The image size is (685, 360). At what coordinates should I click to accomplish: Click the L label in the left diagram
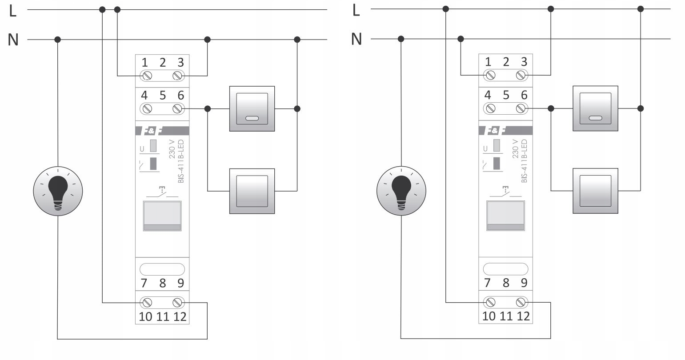click(13, 11)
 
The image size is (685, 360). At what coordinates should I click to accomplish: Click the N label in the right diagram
click(356, 39)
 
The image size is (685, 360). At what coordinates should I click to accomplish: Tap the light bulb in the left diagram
click(58, 191)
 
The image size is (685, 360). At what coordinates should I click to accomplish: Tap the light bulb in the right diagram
click(401, 191)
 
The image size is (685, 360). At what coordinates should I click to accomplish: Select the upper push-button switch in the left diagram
click(252, 108)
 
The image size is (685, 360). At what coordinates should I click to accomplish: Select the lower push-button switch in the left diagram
click(252, 191)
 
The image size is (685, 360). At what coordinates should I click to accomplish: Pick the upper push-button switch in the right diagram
click(595, 108)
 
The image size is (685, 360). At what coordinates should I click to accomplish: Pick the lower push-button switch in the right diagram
click(595, 191)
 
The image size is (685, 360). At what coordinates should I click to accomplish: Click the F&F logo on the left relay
click(152, 131)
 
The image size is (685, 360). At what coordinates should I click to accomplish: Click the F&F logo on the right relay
click(496, 131)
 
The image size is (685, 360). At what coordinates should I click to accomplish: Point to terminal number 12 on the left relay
click(180, 316)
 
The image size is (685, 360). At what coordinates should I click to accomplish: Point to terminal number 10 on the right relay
click(489, 316)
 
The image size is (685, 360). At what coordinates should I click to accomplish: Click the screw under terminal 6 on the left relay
click(177, 108)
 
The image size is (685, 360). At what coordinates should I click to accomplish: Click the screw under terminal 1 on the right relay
click(490, 75)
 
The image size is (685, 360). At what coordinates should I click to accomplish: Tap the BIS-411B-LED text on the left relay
click(181, 161)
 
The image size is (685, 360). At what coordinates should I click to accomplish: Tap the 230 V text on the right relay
click(515, 148)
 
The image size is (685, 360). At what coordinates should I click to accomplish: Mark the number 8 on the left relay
click(162, 283)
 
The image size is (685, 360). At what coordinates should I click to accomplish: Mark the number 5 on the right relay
click(506, 95)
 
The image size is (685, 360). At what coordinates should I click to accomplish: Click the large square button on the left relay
click(162, 216)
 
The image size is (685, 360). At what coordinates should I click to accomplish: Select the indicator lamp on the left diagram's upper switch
click(252, 118)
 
